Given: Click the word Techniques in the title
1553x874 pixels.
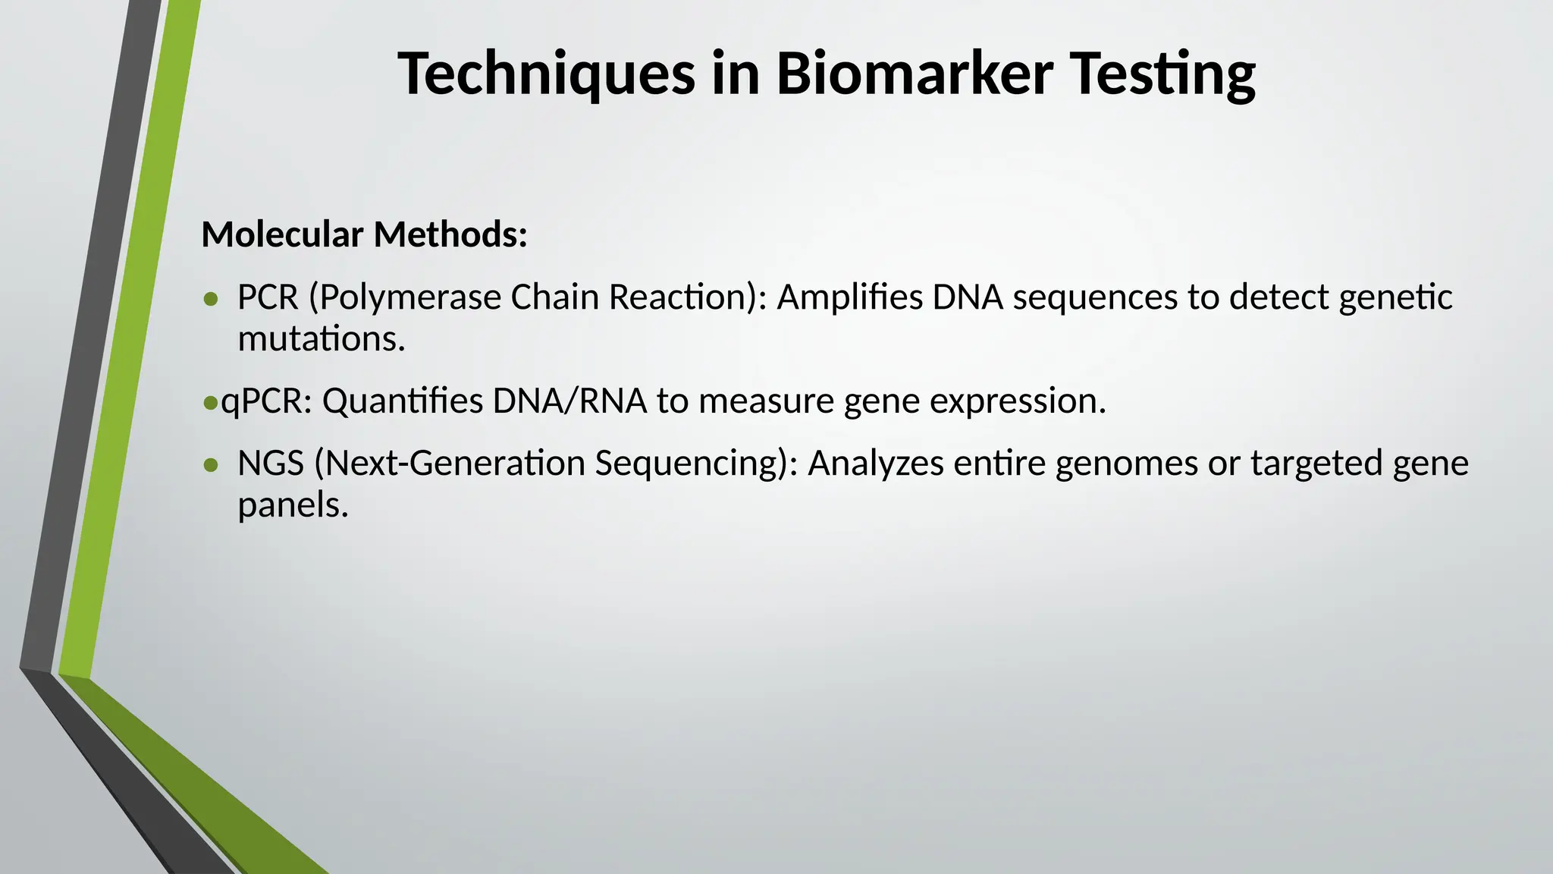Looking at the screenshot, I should (x=546, y=74).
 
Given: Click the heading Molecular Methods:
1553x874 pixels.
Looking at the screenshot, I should (x=364, y=234).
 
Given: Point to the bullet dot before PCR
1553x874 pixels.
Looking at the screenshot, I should (x=211, y=299).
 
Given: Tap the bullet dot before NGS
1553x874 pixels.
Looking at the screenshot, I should (x=211, y=465).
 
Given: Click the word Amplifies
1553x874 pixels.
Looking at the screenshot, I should (x=849, y=297).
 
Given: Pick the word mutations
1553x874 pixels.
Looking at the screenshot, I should (x=322, y=339).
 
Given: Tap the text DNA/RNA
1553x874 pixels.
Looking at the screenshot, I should (x=569, y=401).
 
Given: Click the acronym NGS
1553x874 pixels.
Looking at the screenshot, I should (x=271, y=464).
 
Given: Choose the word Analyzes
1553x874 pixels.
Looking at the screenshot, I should (x=875, y=464).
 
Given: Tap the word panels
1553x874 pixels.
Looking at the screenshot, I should (x=293, y=505).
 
